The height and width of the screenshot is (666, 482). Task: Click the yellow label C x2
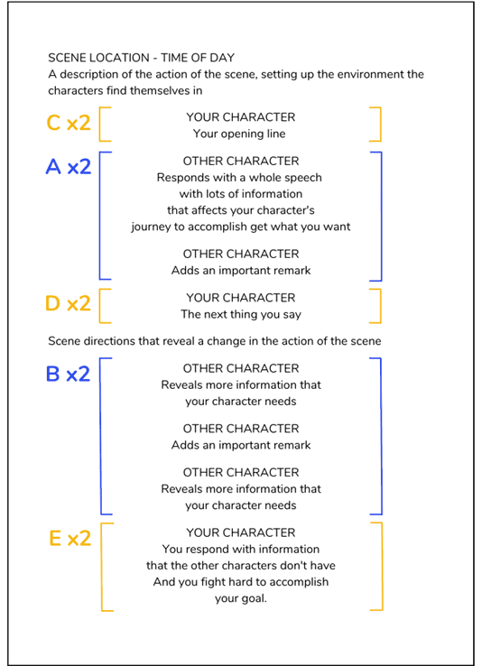click(x=69, y=124)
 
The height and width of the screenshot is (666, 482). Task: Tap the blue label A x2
click(x=68, y=167)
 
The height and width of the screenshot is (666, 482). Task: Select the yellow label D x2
click(x=68, y=304)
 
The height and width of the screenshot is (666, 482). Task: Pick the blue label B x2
click(x=68, y=374)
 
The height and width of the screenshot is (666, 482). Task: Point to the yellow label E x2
click(x=70, y=539)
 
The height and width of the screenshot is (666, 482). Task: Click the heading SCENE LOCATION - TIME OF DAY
click(x=141, y=58)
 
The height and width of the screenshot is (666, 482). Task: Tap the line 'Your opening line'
click(x=239, y=134)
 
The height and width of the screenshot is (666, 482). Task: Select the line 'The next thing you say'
click(x=240, y=315)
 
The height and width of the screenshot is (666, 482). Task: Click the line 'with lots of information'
click(x=240, y=194)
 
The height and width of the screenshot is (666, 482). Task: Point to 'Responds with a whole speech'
click(x=240, y=178)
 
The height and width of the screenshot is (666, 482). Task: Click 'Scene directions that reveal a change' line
click(x=214, y=341)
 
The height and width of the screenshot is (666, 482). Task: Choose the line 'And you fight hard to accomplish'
click(x=240, y=581)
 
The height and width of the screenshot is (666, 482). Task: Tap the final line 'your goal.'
click(x=240, y=597)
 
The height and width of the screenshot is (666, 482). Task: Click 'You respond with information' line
click(x=240, y=549)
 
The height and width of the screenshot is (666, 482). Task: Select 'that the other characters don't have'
click(x=240, y=565)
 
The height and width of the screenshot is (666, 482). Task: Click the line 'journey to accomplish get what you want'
click(x=240, y=227)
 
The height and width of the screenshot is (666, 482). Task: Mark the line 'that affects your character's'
click(x=240, y=210)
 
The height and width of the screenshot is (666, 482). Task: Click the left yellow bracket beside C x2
click(x=101, y=124)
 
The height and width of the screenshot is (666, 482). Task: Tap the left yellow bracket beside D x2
click(x=101, y=305)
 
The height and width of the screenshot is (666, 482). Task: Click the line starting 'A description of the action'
click(x=236, y=75)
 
